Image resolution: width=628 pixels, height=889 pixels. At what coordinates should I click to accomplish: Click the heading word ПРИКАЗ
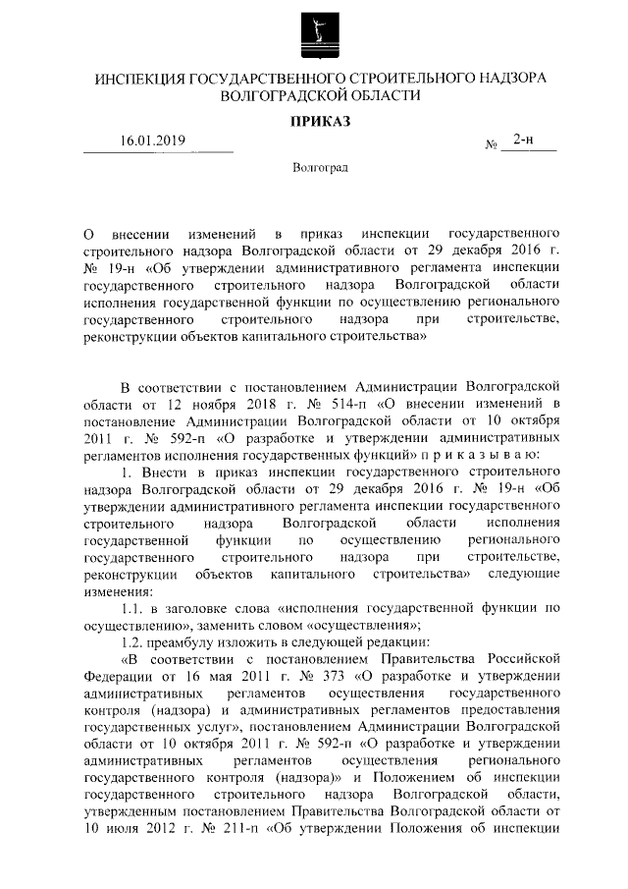315,122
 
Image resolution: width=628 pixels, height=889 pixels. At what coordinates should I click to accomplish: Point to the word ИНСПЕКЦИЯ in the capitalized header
133,78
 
